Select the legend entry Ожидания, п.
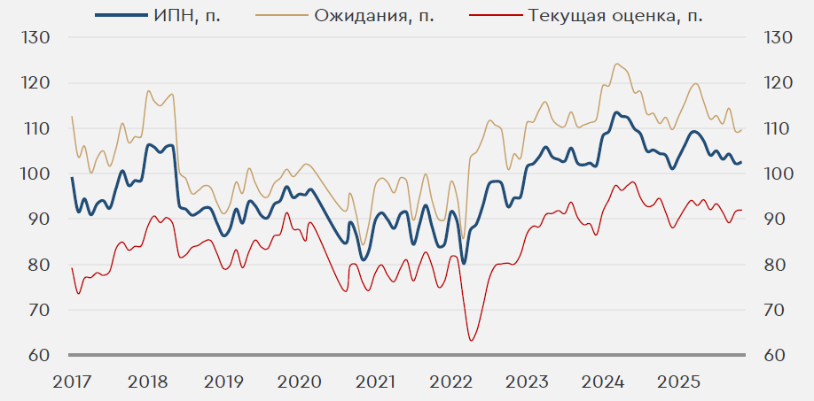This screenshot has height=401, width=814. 373,15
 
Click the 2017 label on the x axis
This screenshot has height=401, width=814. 72,382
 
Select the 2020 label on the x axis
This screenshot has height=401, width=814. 299,382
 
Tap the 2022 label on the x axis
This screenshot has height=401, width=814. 450,382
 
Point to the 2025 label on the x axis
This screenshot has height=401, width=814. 677,382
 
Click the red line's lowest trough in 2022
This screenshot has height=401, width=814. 471,341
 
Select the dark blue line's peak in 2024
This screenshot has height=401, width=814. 616,112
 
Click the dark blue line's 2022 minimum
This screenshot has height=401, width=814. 464,263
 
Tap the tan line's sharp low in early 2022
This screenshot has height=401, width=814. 463,237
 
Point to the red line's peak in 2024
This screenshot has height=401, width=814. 632,182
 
